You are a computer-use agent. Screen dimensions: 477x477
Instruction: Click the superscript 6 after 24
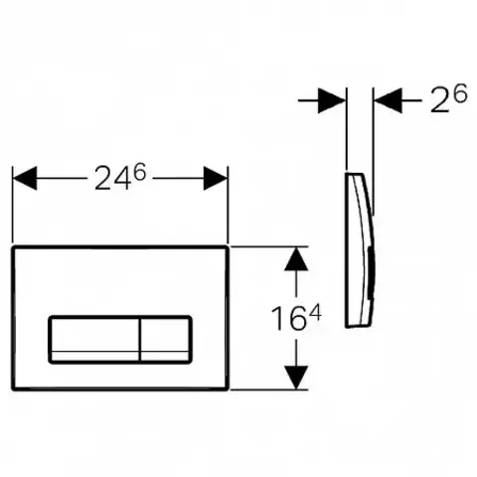coord(139,171)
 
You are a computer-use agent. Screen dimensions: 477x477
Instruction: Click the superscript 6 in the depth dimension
coord(460,92)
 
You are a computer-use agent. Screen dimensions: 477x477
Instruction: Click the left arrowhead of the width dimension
coord(25,178)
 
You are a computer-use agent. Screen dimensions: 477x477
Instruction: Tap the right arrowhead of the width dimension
coord(216,178)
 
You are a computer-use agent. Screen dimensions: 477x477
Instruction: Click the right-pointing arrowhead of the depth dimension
coord(334,100)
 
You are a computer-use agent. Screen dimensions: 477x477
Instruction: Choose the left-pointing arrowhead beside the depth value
coord(388,100)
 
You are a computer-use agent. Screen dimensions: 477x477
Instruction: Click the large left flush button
coord(95,339)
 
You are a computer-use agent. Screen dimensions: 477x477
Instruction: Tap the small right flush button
coord(165,339)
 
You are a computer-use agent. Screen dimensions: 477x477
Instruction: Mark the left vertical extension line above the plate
coord(13,204)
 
